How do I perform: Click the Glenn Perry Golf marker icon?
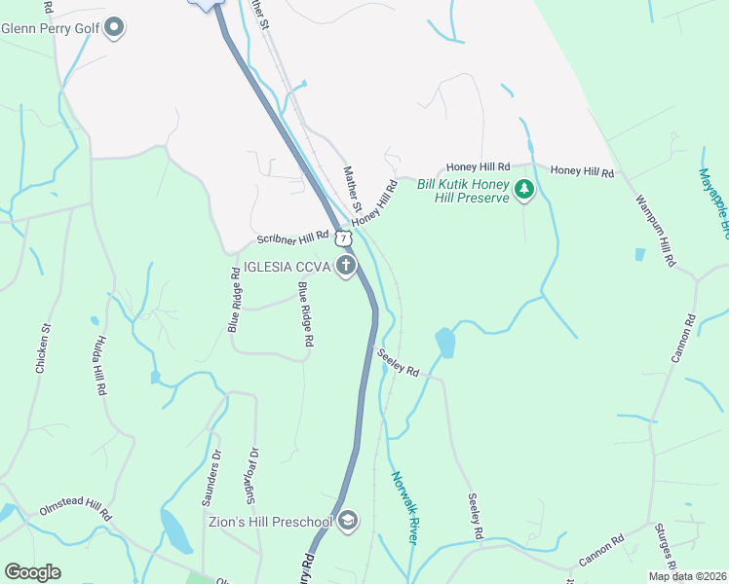coord(114,27)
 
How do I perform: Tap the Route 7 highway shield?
coord(342,237)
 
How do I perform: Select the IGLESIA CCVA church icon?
coord(345,266)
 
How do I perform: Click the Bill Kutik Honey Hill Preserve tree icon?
coord(524,190)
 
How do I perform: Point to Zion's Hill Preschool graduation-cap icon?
coord(347,522)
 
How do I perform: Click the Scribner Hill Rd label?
coord(293,237)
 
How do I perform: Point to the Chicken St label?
coord(42,348)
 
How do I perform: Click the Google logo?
coord(33,571)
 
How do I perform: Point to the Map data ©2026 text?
coord(686,576)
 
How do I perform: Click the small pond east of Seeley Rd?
coord(444,343)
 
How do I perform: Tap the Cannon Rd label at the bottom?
coord(601,553)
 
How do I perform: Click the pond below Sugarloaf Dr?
coord(175,530)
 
